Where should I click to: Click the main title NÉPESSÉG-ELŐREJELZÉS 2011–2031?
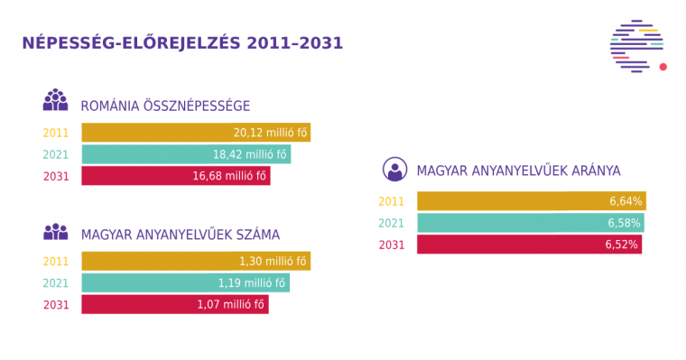[x=182, y=43]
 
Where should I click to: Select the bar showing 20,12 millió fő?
[x=196, y=133]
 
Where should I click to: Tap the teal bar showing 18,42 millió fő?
[x=186, y=154]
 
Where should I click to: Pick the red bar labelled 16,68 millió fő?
[x=176, y=176]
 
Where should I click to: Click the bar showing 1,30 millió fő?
[x=196, y=262]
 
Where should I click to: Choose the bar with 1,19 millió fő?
[x=186, y=283]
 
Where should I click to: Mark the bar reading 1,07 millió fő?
[x=175, y=305]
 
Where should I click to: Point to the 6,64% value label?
[x=624, y=201]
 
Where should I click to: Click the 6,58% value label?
[x=624, y=223]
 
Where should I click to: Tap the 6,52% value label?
[x=624, y=245]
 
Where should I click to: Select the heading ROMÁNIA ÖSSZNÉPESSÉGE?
[x=165, y=106]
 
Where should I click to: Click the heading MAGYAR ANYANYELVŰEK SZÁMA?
[x=181, y=235]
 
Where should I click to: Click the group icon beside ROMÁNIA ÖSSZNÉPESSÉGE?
[x=55, y=100]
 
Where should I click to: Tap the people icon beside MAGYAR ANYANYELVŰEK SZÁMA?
[x=55, y=232]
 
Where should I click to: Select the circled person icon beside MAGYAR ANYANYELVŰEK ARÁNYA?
[x=394, y=169]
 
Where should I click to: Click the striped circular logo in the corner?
[x=635, y=46]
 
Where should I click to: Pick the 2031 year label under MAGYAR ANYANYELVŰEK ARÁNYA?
[x=391, y=245]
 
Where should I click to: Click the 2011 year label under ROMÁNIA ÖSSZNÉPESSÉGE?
[x=56, y=133]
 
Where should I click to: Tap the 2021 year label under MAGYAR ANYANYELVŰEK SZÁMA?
[x=56, y=283]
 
